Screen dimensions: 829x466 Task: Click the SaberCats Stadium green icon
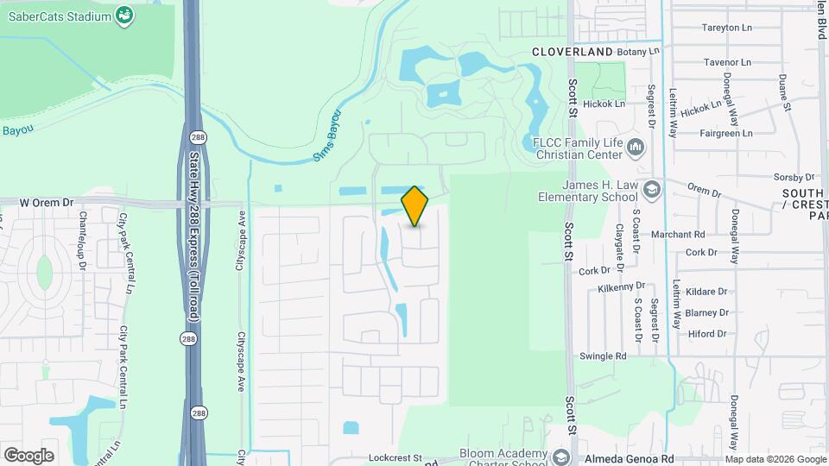pyautogui.click(x=124, y=15)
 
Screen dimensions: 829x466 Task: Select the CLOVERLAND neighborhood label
pyautogui.click(x=572, y=52)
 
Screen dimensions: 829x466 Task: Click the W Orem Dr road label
pyautogui.click(x=47, y=202)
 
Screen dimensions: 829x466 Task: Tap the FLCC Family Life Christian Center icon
pyautogui.click(x=636, y=148)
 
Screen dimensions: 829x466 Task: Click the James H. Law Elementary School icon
pyautogui.click(x=652, y=190)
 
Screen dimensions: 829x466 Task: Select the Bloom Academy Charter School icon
pyautogui.click(x=562, y=456)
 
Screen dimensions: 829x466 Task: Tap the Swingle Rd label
pyautogui.click(x=603, y=356)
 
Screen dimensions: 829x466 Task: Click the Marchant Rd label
pyautogui.click(x=681, y=234)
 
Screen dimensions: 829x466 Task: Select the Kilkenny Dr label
pyautogui.click(x=621, y=286)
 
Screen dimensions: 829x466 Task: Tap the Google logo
pyautogui.click(x=28, y=456)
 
